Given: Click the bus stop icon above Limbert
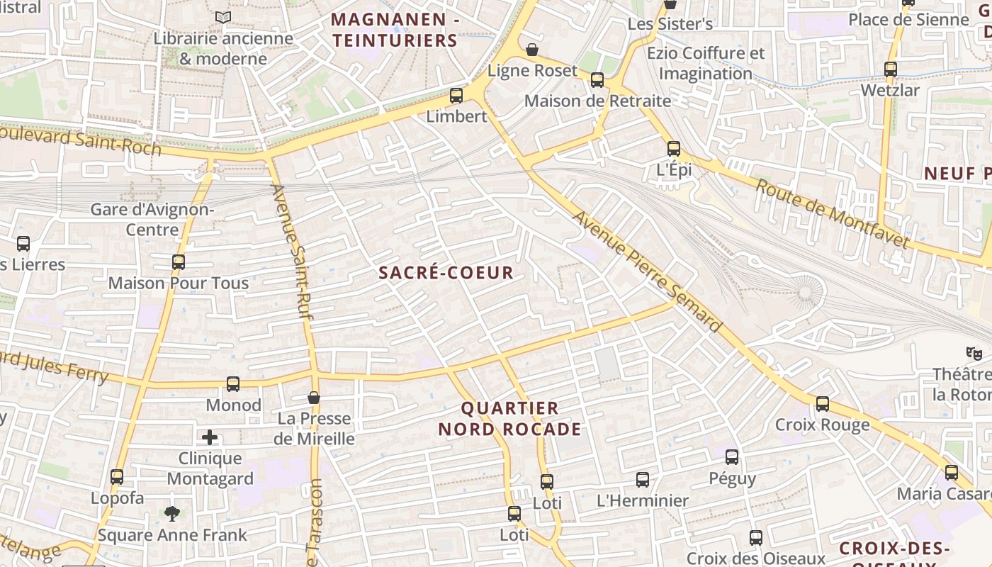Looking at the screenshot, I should (456, 95).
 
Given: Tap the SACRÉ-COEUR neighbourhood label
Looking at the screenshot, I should (446, 273).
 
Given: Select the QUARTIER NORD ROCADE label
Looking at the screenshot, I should (509, 419).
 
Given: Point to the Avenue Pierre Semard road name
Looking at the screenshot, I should (646, 272).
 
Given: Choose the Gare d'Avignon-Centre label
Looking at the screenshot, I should (152, 220).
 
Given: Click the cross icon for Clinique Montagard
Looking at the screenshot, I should (210, 437).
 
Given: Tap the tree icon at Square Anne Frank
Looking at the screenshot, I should (171, 513).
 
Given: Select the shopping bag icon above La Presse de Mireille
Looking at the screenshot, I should (314, 398).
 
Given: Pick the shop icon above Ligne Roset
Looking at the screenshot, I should (532, 50).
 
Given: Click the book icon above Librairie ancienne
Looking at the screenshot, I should (223, 17).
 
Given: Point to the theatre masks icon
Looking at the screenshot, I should (974, 352).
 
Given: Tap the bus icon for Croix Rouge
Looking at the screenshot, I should (822, 404).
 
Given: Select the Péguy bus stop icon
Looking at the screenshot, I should (732, 457).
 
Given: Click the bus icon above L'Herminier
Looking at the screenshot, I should (643, 480).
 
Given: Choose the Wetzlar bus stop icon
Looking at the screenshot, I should (891, 69).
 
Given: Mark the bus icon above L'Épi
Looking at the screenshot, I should (674, 149).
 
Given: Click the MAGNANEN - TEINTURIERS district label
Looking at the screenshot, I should (395, 30).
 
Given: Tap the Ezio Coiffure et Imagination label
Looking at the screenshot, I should (706, 63).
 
